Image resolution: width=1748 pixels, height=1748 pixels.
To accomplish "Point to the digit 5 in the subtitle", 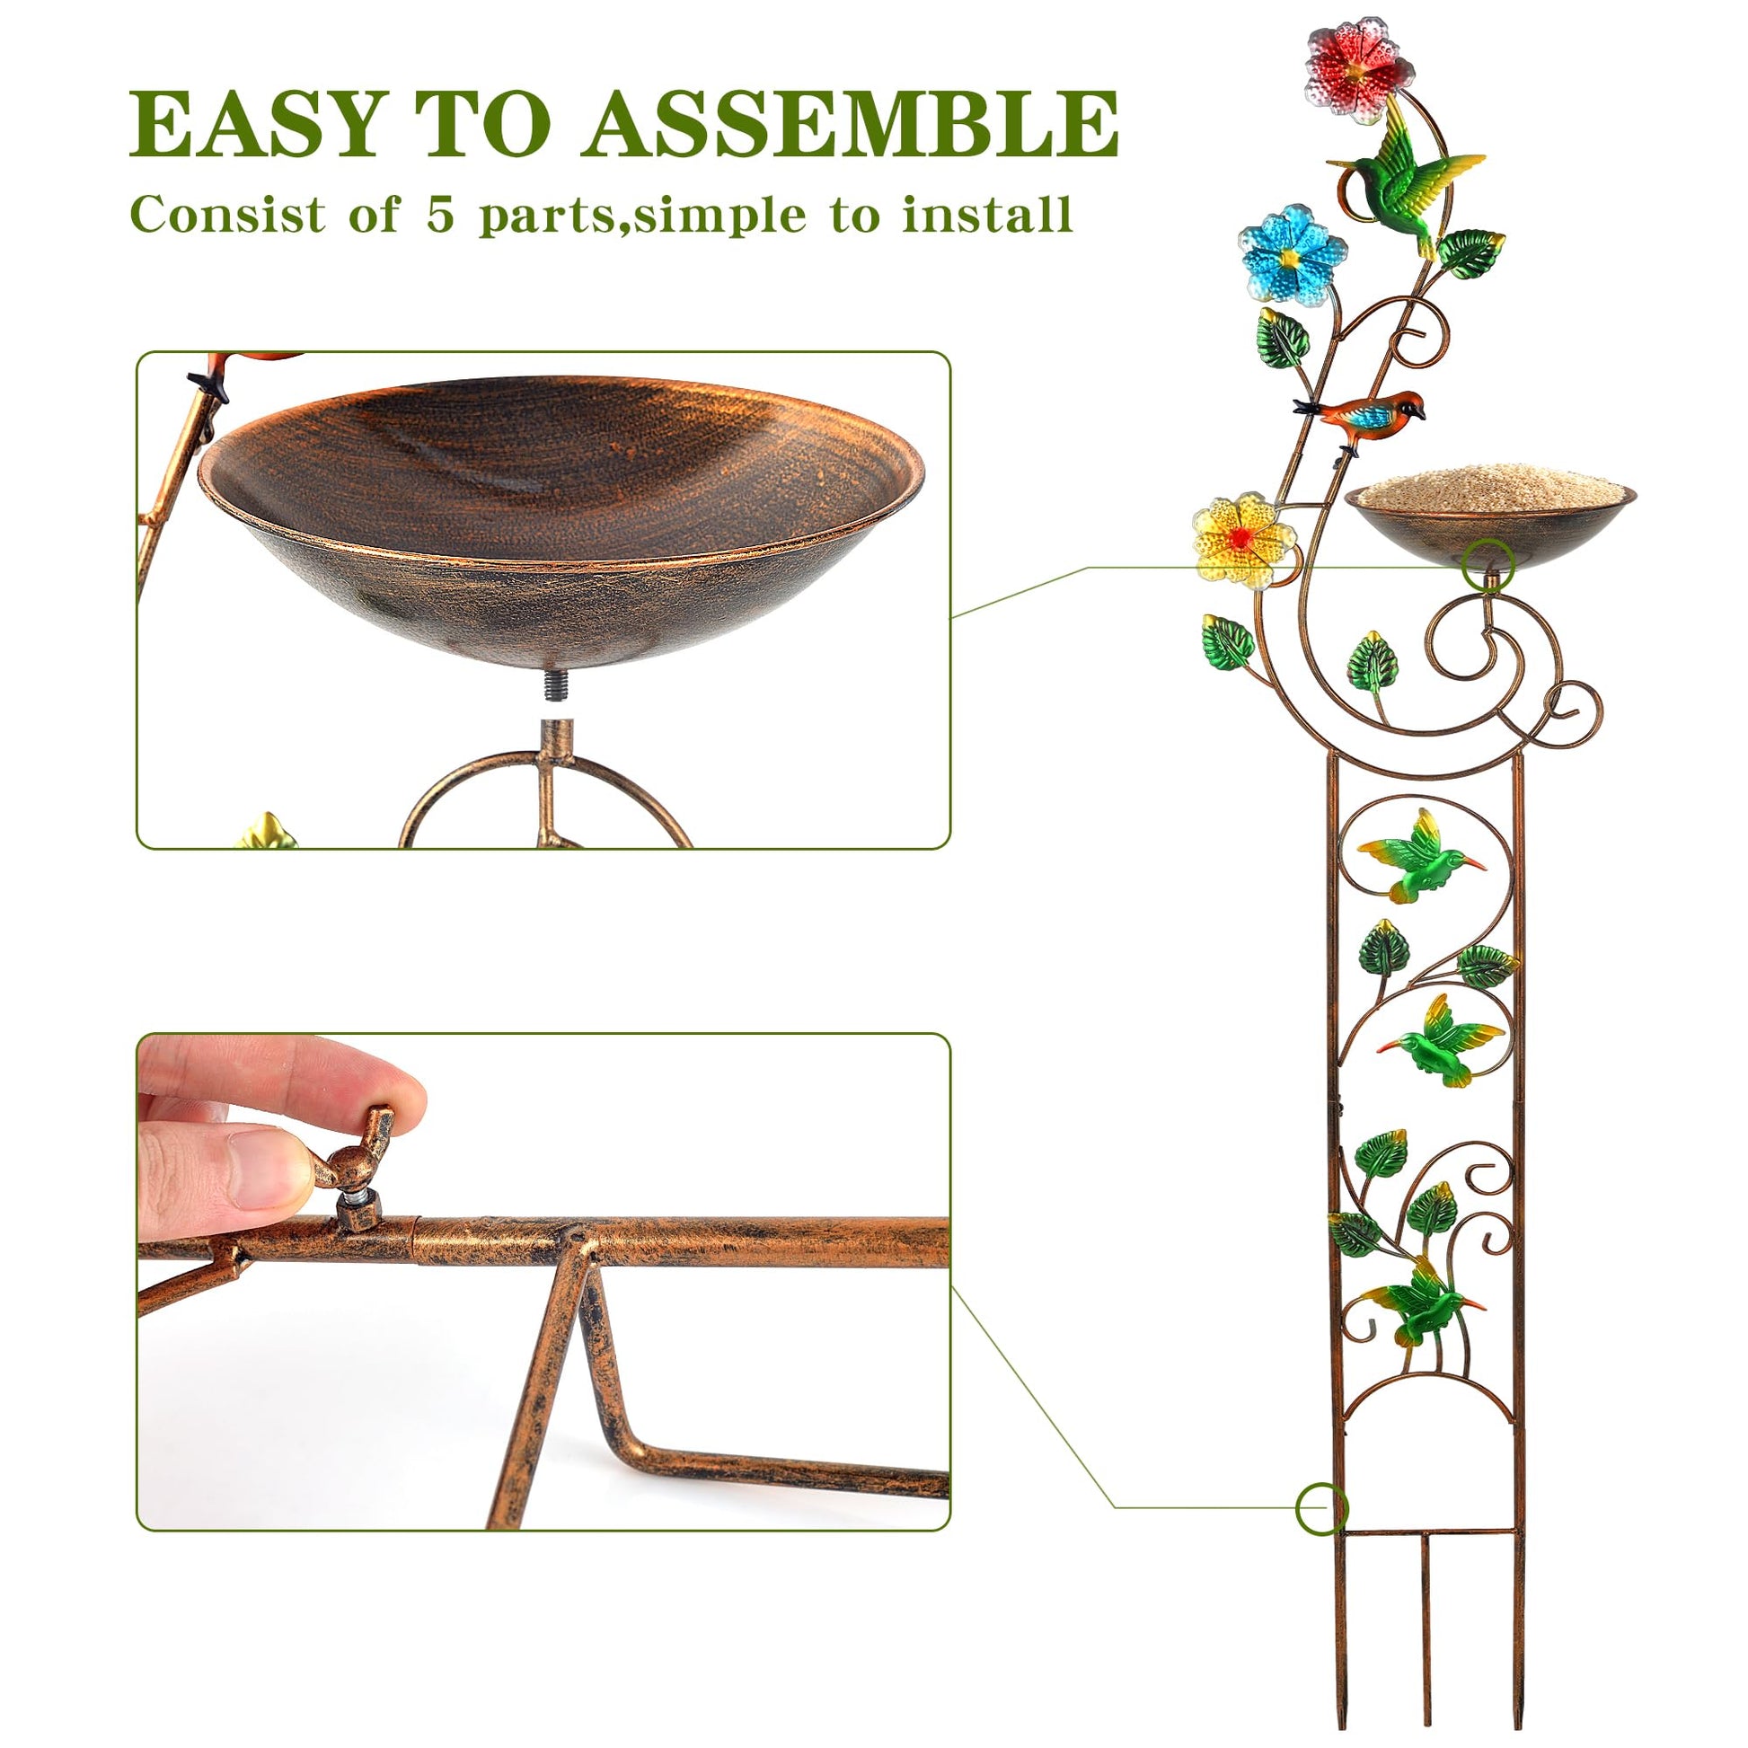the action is point(440,216).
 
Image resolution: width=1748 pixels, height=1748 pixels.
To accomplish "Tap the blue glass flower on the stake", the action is point(1292,253).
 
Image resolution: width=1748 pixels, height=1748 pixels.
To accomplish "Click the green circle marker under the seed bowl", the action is point(1488,564).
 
